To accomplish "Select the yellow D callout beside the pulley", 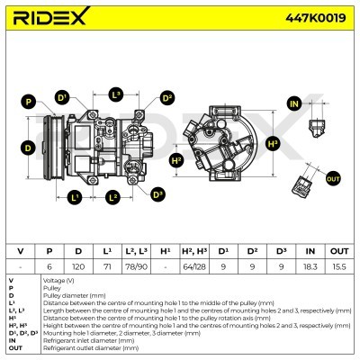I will [x=28, y=148].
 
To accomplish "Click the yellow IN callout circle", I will [x=293, y=105].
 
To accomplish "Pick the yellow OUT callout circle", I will [x=333, y=180].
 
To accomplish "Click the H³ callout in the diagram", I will [x=274, y=142].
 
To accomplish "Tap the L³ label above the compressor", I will [x=116, y=94].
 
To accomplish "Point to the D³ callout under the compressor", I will [x=157, y=193].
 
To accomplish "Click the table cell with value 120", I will [x=78, y=266].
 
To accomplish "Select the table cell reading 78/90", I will [x=136, y=266].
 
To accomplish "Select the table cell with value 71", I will [x=107, y=266].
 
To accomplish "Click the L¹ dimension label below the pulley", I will [x=76, y=195].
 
